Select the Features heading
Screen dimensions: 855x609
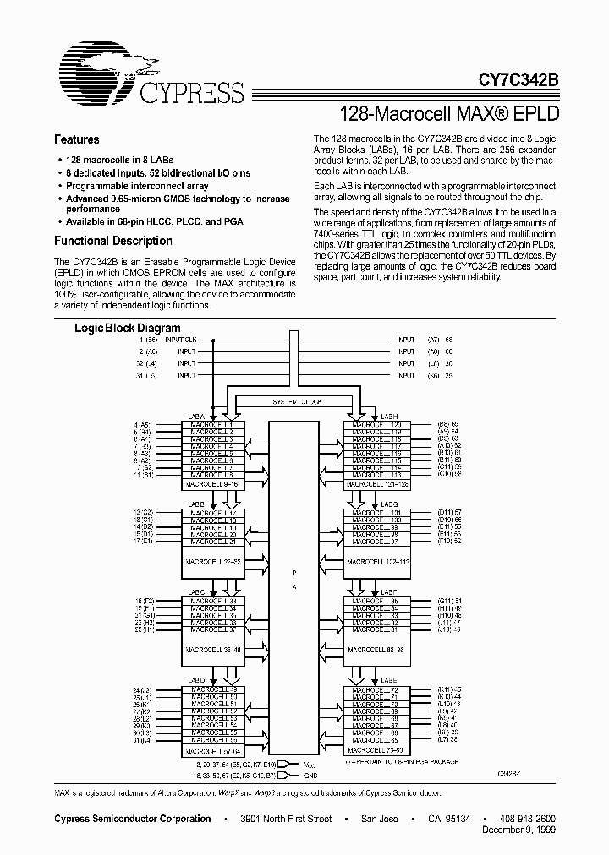coord(77,139)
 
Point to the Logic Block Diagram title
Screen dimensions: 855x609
coord(128,328)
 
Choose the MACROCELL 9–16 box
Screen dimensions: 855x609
coord(212,484)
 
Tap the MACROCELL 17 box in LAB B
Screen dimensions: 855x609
coord(212,514)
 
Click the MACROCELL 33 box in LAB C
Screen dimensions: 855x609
coord(212,602)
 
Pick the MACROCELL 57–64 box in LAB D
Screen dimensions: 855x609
coord(212,750)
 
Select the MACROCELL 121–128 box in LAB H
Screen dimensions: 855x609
coord(377,484)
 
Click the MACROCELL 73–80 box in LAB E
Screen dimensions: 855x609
coord(377,750)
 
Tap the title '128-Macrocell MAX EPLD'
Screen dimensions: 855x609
coord(449,112)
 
